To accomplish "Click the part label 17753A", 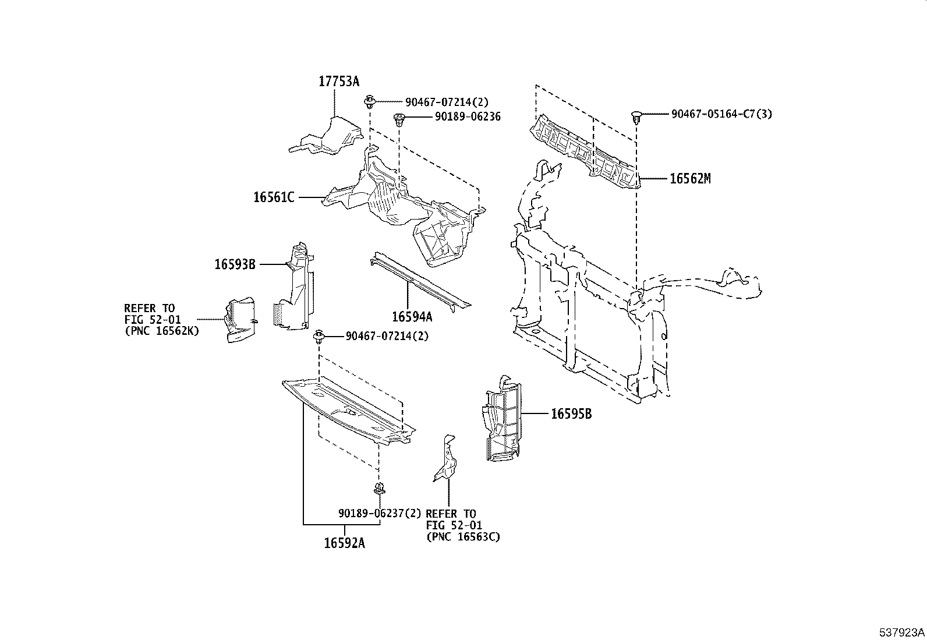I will click(338, 82).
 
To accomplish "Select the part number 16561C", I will click(273, 197).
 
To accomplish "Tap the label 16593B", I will click(235, 264).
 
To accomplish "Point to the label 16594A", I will click(412, 317).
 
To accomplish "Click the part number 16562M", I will click(690, 179).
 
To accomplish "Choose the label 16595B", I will click(571, 414).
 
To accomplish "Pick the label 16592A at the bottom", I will click(344, 543).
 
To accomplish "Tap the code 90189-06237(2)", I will click(379, 514).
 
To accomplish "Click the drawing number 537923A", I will click(902, 632).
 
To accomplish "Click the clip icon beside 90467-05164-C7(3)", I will click(637, 117).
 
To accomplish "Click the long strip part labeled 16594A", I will click(419, 281).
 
